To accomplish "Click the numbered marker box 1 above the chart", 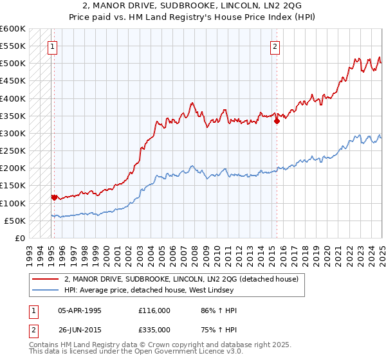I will [x=51, y=46].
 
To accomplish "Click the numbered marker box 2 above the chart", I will [x=275, y=46].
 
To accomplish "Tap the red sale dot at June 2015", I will [x=277, y=120].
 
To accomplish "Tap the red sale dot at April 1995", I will [x=54, y=197].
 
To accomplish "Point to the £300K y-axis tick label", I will [x=14, y=134].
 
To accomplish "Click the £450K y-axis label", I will [x=14, y=81].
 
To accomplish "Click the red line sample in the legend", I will [x=46, y=280].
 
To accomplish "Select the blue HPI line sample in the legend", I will [x=46, y=291].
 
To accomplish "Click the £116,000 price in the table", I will [x=154, y=310].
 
